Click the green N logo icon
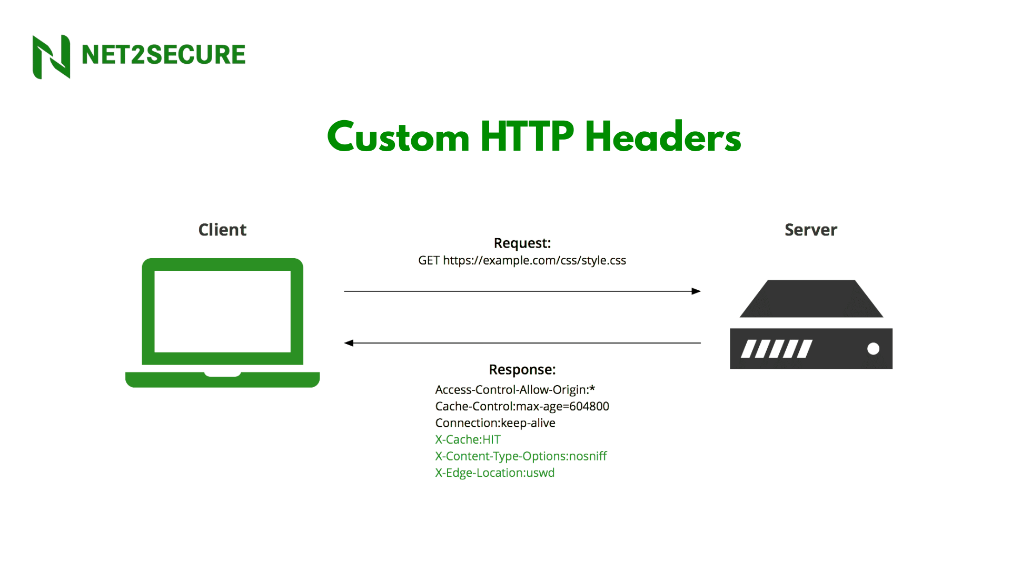[x=51, y=56]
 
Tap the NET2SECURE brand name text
[x=163, y=55]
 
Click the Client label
[x=222, y=230]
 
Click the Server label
[x=810, y=230]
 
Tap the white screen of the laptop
[x=222, y=311]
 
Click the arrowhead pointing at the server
[x=696, y=291]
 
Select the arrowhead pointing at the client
[x=349, y=343]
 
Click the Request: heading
[x=522, y=243]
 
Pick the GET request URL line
[x=522, y=260]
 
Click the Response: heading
[x=522, y=369]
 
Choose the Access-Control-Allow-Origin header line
[x=515, y=390]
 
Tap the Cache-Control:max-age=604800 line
[x=522, y=406]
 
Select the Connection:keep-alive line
[x=495, y=423]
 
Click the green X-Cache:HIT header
[x=468, y=439]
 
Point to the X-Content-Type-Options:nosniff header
[x=521, y=456]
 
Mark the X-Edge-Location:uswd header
[x=494, y=473]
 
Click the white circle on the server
[x=873, y=349]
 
